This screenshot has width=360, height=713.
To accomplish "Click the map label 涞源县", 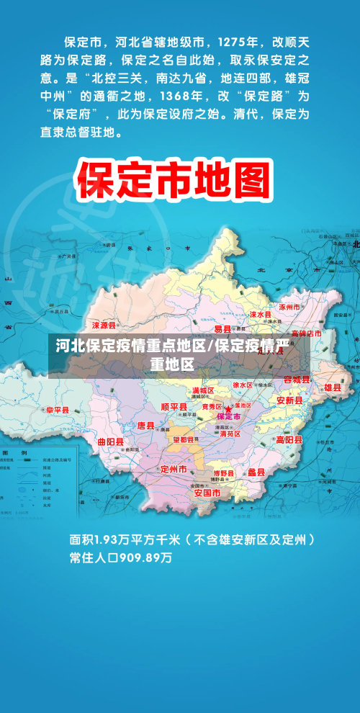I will [104, 326].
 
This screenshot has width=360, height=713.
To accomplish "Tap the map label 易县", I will [222, 329].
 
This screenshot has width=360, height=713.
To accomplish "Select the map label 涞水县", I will [261, 315].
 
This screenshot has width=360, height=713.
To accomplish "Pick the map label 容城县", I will [296, 380].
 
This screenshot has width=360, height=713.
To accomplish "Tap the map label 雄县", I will [333, 387].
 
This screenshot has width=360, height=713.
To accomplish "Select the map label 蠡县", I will [256, 472].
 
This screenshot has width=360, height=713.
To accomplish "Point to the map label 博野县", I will [224, 473].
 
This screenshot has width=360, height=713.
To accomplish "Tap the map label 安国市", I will [207, 493].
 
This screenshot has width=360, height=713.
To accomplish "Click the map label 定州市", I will [174, 469].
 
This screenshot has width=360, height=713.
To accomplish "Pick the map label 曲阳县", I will [110, 441].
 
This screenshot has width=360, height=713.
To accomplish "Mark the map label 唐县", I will [145, 426].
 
